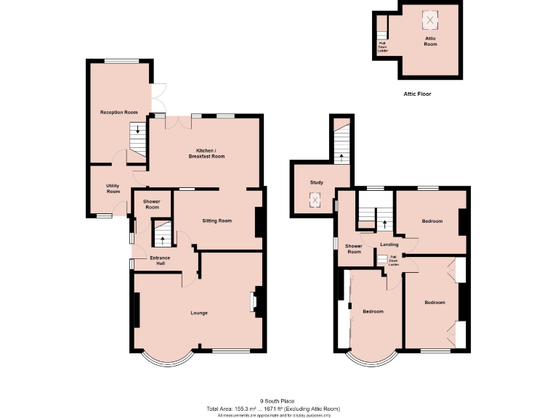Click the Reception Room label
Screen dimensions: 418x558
coord(118,112)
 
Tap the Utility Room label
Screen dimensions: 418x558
coord(113,189)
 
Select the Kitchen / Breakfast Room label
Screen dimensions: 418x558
coord(206,153)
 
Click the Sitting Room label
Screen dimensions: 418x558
coord(217,221)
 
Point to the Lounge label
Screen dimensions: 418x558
coord(199,313)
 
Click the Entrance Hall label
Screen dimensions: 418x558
coord(160,261)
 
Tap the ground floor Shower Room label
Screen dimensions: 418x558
coord(151,204)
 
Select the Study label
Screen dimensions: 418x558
coord(316,182)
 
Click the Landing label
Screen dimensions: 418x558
coord(389,245)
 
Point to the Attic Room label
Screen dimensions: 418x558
coord(430,41)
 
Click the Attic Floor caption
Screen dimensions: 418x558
coord(423,94)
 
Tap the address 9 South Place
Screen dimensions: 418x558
coord(278,401)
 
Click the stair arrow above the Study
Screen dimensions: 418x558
coord(341,155)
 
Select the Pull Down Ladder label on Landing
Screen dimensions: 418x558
coord(393,261)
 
